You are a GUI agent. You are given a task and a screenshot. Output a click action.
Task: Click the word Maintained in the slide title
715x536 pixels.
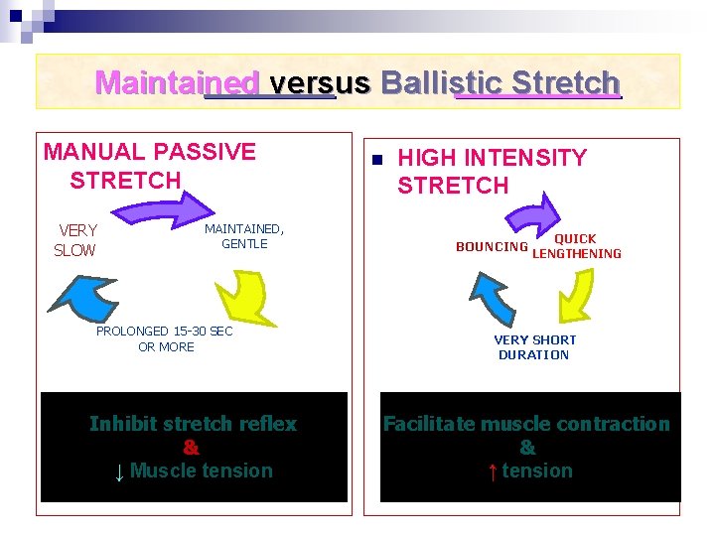coord(177,82)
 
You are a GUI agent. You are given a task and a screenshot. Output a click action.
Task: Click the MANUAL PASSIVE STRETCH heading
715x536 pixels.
coord(149,166)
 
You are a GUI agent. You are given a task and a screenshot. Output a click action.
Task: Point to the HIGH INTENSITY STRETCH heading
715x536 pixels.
coord(492,171)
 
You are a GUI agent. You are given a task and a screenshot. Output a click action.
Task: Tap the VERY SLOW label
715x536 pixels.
coord(76,240)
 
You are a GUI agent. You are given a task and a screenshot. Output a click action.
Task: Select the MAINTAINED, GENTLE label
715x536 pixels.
coord(244,236)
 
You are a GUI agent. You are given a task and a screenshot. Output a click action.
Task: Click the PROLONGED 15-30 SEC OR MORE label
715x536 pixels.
coord(165,338)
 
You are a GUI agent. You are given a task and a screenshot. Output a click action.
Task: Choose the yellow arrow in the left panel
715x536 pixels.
coord(242,295)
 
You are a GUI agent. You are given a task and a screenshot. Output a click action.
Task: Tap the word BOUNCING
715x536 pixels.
coord(492,246)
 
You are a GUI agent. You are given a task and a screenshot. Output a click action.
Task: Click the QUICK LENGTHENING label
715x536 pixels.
coord(576,246)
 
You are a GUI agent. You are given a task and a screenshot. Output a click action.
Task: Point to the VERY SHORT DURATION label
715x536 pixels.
coord(534,346)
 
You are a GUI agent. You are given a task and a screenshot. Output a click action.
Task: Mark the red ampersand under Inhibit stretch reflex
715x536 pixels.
coord(193,447)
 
